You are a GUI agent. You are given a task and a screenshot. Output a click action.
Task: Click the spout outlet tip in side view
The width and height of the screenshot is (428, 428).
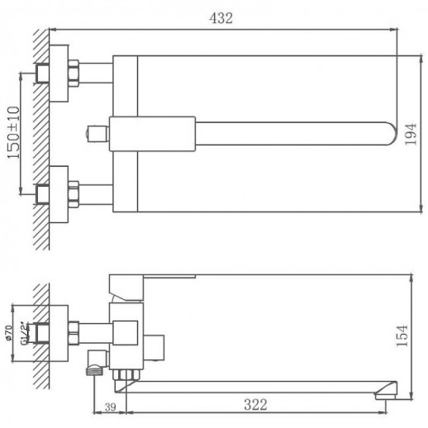(384, 390)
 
